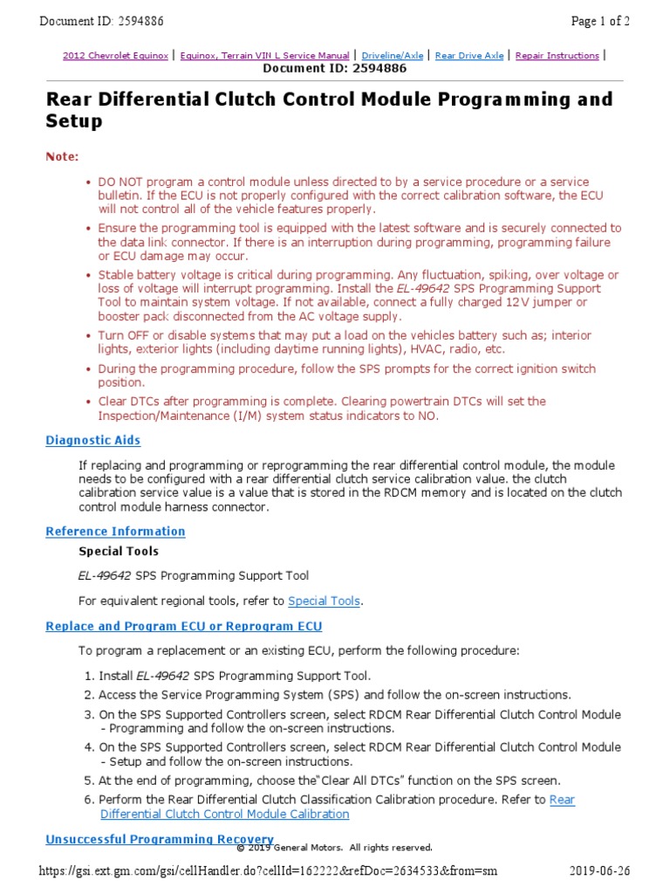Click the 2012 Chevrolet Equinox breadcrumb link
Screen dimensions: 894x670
(x=115, y=55)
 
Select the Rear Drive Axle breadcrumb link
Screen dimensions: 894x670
(x=468, y=55)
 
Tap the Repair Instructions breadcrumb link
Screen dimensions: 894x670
(x=557, y=55)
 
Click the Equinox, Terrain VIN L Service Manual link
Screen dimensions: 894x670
(x=264, y=55)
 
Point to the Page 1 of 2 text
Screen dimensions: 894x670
(x=600, y=20)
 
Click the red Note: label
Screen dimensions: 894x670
(x=62, y=156)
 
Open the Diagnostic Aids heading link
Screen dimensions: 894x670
(x=92, y=441)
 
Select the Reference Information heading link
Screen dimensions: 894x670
(x=115, y=531)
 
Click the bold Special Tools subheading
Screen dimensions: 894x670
(x=119, y=551)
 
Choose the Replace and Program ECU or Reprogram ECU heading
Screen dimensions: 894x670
(x=183, y=626)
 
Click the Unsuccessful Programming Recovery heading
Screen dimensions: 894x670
(x=159, y=839)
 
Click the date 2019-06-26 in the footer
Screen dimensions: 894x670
(x=600, y=870)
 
